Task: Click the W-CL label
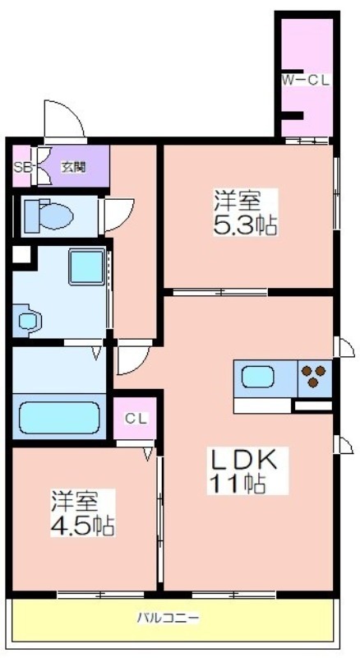[305, 80]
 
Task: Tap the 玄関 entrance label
[74, 167]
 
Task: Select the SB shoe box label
[21, 167]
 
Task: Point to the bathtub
[59, 418]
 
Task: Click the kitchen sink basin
[257, 377]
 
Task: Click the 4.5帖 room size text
[83, 525]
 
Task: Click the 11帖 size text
[236, 484]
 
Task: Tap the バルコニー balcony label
[168, 618]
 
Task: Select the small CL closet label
[135, 419]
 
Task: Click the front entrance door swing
[64, 119]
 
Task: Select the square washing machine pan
[86, 266]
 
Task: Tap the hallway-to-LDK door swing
[133, 358]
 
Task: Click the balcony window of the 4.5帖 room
[101, 594]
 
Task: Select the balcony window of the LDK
[234, 594]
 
